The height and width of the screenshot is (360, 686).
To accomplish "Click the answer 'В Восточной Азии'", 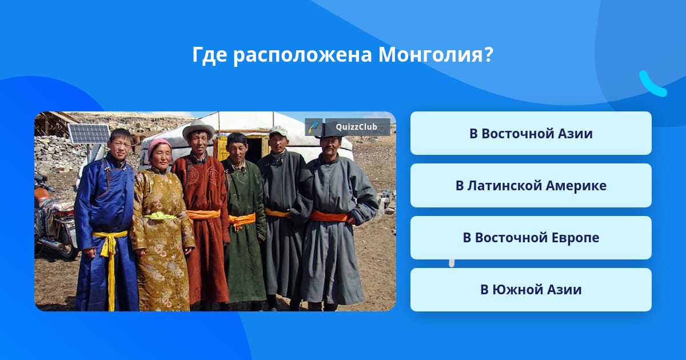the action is pos(531,133).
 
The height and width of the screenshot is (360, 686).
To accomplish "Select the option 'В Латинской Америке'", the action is pos(531,186).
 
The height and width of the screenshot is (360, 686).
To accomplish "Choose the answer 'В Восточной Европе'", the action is pos(531,238).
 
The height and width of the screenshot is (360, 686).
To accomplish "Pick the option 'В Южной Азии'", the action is pos(531,290).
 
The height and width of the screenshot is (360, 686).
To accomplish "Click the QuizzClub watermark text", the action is pos(357,127).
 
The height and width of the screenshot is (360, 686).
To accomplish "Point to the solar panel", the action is pos(89,134).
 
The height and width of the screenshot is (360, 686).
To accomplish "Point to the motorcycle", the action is pos(55,217).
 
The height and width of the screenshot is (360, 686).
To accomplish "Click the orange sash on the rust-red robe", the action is pos(204,214).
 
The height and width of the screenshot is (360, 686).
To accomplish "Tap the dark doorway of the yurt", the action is pos(255,150).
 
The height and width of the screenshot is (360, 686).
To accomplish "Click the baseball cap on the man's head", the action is pos(278,131).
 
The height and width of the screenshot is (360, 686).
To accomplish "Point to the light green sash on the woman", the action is pos(160,216).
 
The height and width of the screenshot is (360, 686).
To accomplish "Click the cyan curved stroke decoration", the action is pos(652,84).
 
